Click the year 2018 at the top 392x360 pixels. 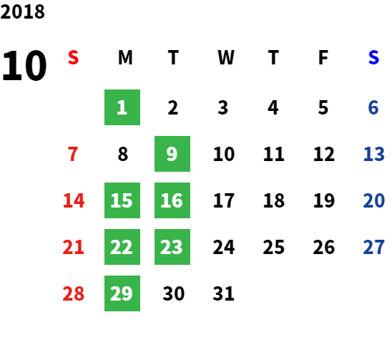coord(22,11)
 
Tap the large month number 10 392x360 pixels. coord(24,66)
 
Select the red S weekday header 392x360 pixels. coord(73,57)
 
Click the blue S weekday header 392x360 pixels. coord(373,57)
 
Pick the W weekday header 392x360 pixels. coord(226,57)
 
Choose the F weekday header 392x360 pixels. coord(323,57)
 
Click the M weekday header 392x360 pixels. coord(125,57)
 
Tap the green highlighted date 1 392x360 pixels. coord(122,107)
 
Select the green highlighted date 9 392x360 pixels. coord(172,154)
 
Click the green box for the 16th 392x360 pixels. coord(172,200)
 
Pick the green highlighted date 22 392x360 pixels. coord(122,247)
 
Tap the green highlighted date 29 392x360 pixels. coord(122,293)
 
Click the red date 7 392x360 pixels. coord(73,154)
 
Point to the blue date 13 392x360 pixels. coord(373,154)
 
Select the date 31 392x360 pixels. coord(223,293)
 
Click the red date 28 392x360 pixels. coord(74,293)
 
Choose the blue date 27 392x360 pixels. coord(373,247)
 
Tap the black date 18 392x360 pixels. coord(274,200)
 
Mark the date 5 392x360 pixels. coord(323,107)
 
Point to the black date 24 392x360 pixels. coord(224,247)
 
